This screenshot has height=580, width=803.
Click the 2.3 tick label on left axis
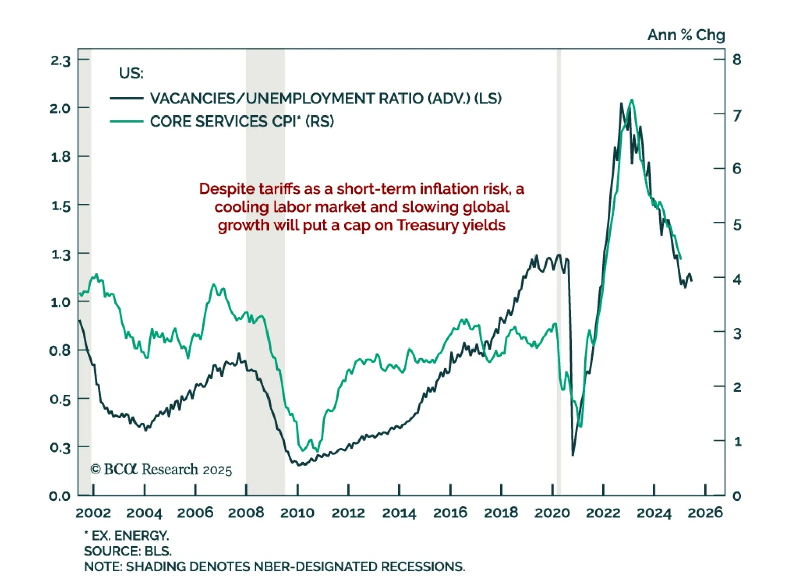pyautogui.click(x=60, y=61)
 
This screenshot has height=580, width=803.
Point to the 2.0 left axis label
pyautogui.click(x=60, y=108)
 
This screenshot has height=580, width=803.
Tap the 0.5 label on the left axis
pyautogui.click(x=60, y=400)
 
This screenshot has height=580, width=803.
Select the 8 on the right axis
pyautogui.click(x=737, y=60)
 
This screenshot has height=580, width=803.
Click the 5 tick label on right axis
pyautogui.click(x=737, y=225)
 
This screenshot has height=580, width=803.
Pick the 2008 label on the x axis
pyautogui.click(x=246, y=513)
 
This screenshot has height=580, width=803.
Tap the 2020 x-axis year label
pyautogui.click(x=552, y=513)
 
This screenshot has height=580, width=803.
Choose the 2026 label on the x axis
pyautogui.click(x=705, y=513)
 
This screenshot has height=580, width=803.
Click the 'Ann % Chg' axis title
pyautogui.click(x=686, y=35)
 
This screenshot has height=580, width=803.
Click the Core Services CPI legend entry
pyautogui.click(x=241, y=121)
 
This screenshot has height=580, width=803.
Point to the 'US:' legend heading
pyautogui.click(x=131, y=73)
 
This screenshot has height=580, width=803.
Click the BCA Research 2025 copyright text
pyautogui.click(x=161, y=470)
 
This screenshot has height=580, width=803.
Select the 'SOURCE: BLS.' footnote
pyautogui.click(x=127, y=551)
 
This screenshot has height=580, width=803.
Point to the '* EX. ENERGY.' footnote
pyautogui.click(x=126, y=535)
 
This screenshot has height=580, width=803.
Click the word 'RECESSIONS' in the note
pyautogui.click(x=423, y=567)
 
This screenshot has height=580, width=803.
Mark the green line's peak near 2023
pyautogui.click(x=632, y=100)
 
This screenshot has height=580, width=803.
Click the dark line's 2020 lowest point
pyautogui.click(x=573, y=455)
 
